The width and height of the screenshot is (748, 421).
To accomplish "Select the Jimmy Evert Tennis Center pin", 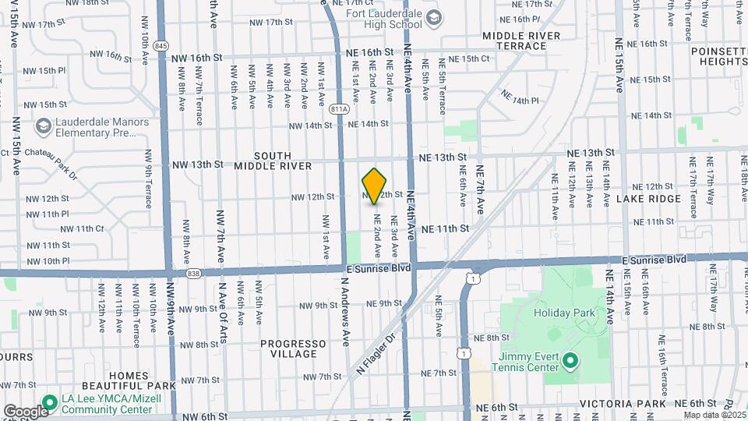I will (x=570, y=360).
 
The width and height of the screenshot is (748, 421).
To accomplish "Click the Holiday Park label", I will (x=564, y=313).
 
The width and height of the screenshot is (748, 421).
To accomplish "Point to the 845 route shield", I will (x=161, y=46).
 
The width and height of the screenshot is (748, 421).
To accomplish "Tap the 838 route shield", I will (x=194, y=273).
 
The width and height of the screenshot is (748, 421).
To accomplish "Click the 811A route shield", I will (x=339, y=109).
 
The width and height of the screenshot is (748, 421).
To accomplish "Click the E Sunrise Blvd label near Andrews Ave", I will (x=379, y=268).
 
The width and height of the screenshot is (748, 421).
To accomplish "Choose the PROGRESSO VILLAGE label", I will (x=293, y=348).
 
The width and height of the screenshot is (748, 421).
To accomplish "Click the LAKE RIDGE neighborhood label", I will (x=648, y=199).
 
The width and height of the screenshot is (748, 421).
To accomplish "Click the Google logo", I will (x=25, y=411).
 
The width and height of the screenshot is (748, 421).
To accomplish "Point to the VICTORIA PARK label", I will (x=621, y=405).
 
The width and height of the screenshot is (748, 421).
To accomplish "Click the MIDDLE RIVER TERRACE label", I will (x=520, y=41).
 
